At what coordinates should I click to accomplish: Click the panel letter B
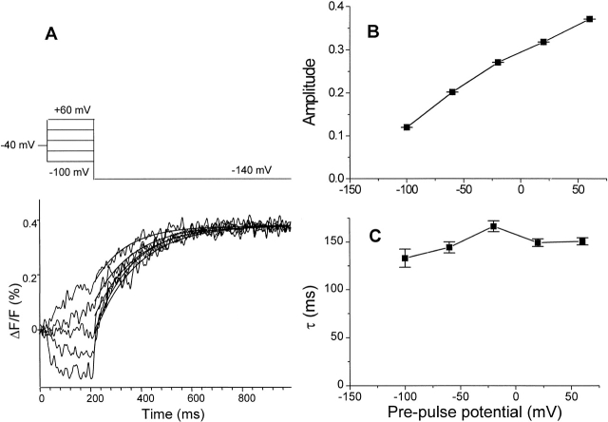372,29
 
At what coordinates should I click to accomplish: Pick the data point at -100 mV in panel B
407,126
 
